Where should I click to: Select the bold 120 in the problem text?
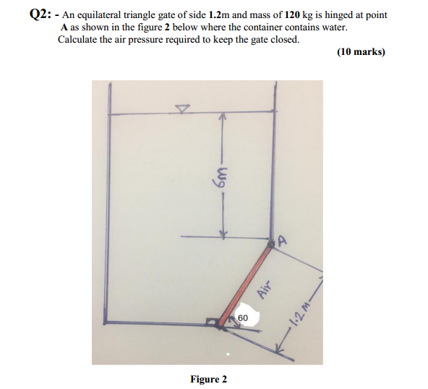coord(279,15)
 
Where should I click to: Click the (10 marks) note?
coord(361,52)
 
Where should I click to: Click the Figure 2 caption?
coord(208,379)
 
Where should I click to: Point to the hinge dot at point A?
coord(271,246)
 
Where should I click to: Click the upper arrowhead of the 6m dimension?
coord(223,117)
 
